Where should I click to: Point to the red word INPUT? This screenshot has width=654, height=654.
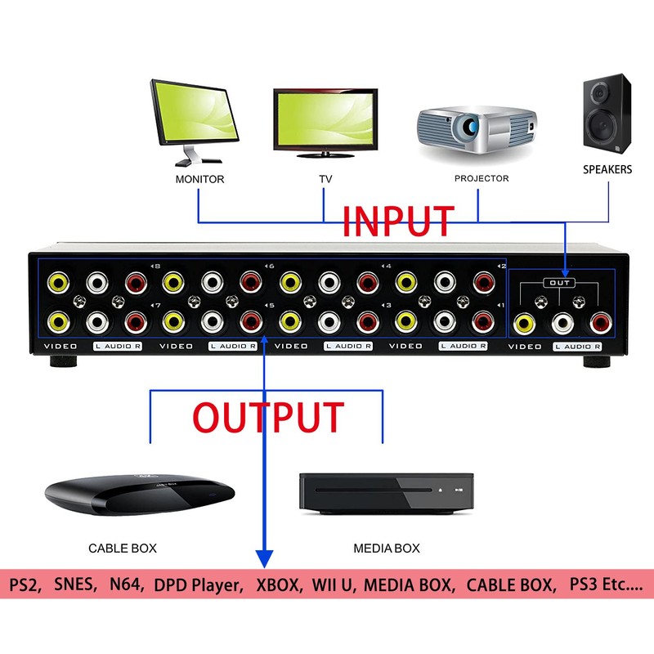click(x=397, y=221)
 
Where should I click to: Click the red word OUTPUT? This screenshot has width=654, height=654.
click(x=268, y=416)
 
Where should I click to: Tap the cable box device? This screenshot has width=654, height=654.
click(x=138, y=495)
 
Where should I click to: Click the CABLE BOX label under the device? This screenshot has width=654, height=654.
click(x=123, y=548)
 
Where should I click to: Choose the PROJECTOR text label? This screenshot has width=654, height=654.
click(x=482, y=178)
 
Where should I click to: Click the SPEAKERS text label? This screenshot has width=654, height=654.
click(x=607, y=169)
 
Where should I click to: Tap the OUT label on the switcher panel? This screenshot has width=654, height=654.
click(x=560, y=283)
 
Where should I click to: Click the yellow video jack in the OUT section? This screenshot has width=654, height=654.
click(x=522, y=325)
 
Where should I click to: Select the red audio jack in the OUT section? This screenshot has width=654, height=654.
click(x=602, y=325)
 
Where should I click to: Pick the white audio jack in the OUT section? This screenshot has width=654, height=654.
click(x=562, y=325)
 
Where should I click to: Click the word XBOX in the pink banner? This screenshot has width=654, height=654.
click(x=278, y=585)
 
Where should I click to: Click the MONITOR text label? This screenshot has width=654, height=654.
click(x=199, y=178)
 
